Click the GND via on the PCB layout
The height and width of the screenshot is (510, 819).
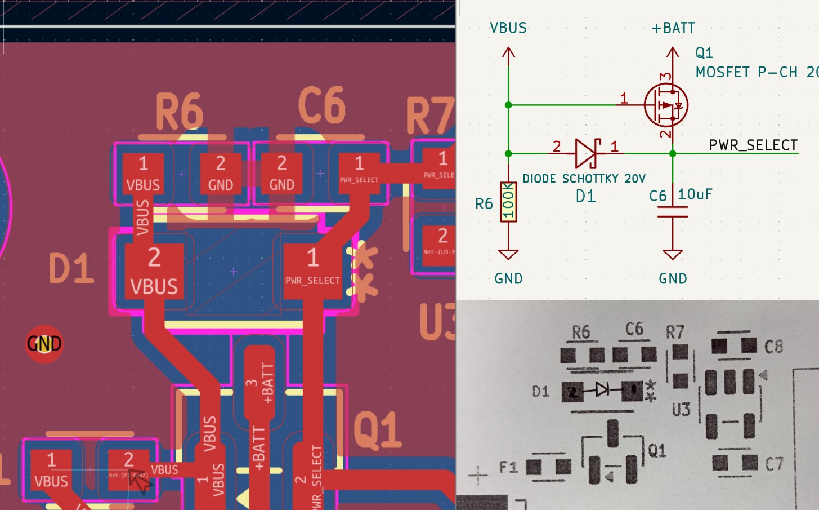point(44,343)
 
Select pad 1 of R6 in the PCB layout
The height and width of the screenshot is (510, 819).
point(143,174)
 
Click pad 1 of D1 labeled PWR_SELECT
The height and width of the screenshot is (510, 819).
point(312,268)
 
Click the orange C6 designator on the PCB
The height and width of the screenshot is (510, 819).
point(321,105)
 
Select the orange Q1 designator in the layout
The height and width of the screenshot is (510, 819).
point(377,430)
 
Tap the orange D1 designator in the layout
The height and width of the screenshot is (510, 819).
point(71,268)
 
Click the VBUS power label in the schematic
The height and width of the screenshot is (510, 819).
point(508,28)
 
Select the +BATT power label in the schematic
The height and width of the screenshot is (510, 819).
point(673,28)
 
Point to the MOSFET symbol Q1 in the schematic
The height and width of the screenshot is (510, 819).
point(666,105)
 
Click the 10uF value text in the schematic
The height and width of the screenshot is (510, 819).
point(695,194)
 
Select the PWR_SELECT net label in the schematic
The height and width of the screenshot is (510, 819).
point(753,145)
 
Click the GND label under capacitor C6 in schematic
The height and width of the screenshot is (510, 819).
point(673,278)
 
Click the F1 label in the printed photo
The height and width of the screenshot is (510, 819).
point(508,467)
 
